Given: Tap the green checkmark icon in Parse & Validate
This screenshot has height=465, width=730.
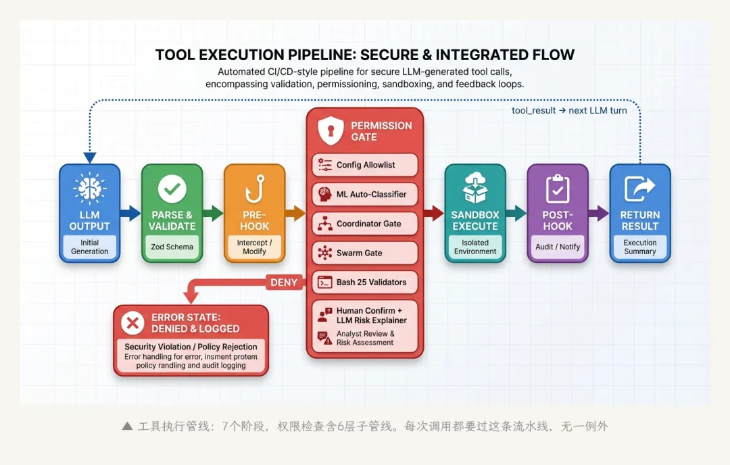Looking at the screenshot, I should (172, 189).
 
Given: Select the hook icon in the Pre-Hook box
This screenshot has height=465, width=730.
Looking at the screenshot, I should (254, 189).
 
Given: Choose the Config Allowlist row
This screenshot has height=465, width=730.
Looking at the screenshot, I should (365, 165).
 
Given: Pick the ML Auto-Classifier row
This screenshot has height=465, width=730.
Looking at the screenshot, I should (365, 194).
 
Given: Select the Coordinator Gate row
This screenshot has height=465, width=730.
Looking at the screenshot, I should (365, 224).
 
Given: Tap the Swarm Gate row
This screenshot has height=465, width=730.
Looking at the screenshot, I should (365, 253).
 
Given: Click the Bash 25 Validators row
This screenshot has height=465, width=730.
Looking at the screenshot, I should (365, 282).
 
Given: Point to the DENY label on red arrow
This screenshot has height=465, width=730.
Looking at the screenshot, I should (284, 283).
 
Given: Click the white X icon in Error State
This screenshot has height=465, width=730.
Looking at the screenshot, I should (132, 323).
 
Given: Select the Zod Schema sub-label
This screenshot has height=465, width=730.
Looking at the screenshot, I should (171, 247).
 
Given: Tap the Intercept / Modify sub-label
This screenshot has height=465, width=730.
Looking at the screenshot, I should (254, 247).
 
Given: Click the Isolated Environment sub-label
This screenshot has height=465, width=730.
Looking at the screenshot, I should (475, 247).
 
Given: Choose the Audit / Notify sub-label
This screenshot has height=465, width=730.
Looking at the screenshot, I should (558, 247).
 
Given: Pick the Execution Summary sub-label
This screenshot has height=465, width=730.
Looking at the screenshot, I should (640, 247).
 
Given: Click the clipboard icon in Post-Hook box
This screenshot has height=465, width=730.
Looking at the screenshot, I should (558, 189).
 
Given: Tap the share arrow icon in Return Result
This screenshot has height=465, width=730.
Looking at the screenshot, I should (640, 189).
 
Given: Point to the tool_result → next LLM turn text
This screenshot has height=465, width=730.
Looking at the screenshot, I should (569, 110).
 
